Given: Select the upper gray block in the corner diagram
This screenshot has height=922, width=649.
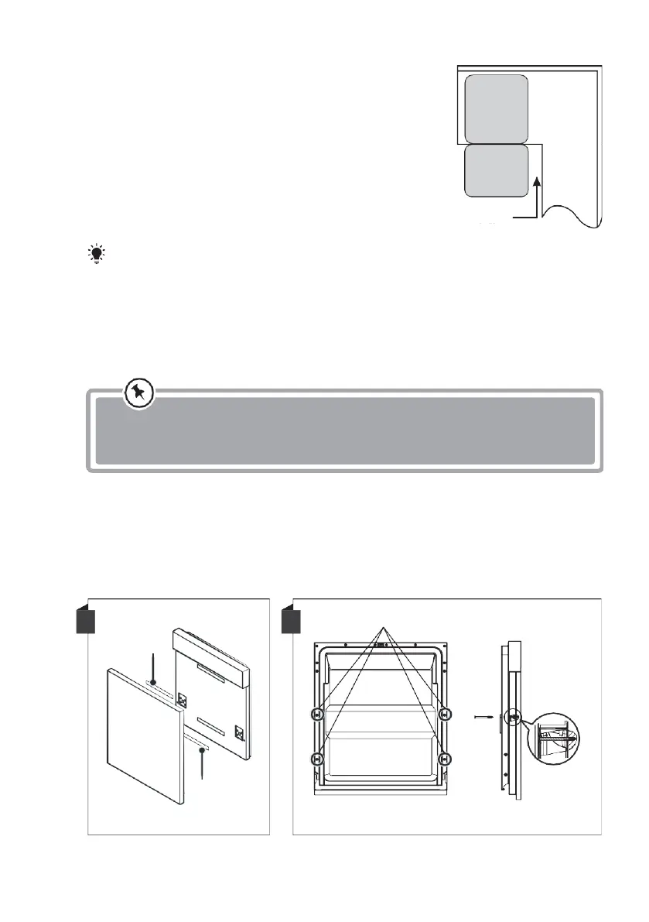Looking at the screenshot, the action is click(x=496, y=108).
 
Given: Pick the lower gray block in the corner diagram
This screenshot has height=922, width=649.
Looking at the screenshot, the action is click(x=496, y=170).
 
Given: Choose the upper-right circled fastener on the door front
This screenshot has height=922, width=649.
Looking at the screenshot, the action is click(x=444, y=715).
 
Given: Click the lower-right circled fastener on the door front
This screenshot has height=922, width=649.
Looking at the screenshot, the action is click(x=444, y=759).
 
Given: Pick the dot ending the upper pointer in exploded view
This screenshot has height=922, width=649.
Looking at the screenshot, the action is click(x=154, y=682).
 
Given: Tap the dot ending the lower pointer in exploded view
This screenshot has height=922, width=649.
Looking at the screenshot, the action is click(x=201, y=749).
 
